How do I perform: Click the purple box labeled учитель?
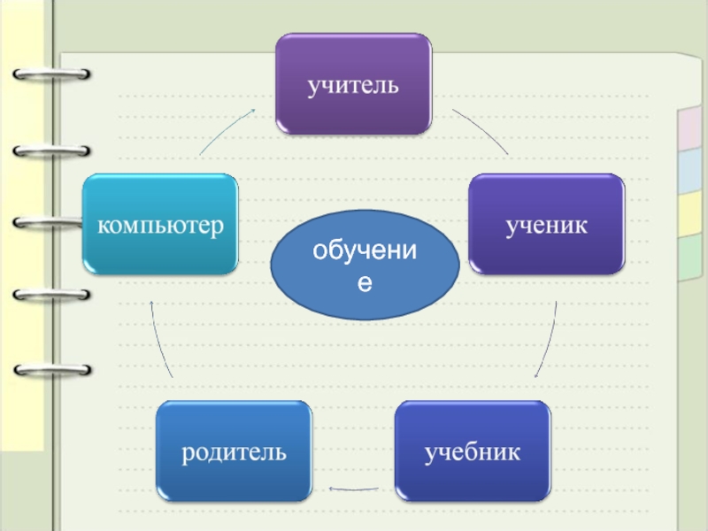[353, 84]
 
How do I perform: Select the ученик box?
[546, 223]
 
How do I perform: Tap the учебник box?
[472, 451]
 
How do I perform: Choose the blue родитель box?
[235, 451]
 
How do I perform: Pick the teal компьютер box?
[160, 223]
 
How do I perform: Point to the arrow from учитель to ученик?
[482, 129]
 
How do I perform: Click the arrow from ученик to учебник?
[549, 341]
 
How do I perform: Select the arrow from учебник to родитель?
[354, 488]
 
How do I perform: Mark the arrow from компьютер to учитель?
[226, 129]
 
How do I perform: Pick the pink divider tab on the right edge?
[688, 128]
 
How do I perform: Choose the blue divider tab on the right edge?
[689, 170]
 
